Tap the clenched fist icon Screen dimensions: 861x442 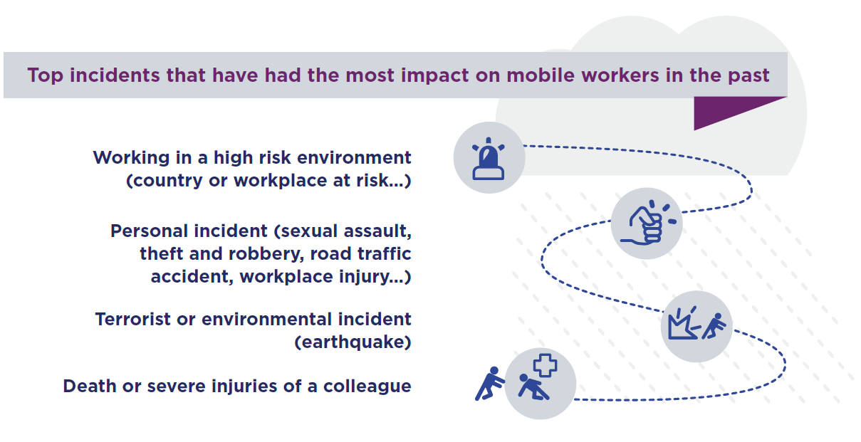tap(648, 223)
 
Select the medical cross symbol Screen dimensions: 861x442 tap(545, 365)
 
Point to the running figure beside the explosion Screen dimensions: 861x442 tap(714, 327)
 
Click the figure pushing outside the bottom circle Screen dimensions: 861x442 tap(489, 383)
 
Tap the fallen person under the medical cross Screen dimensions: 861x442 tap(533, 387)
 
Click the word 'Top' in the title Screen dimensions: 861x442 tap(46, 75)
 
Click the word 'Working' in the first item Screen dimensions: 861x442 tap(131, 158)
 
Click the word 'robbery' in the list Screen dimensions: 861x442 tap(266, 254)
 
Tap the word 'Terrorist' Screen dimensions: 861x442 tap(132, 320)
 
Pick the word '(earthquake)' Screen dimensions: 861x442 tap(353, 342)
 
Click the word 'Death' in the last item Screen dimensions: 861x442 tap(90, 386)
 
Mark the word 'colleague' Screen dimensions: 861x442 tap(367, 386)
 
